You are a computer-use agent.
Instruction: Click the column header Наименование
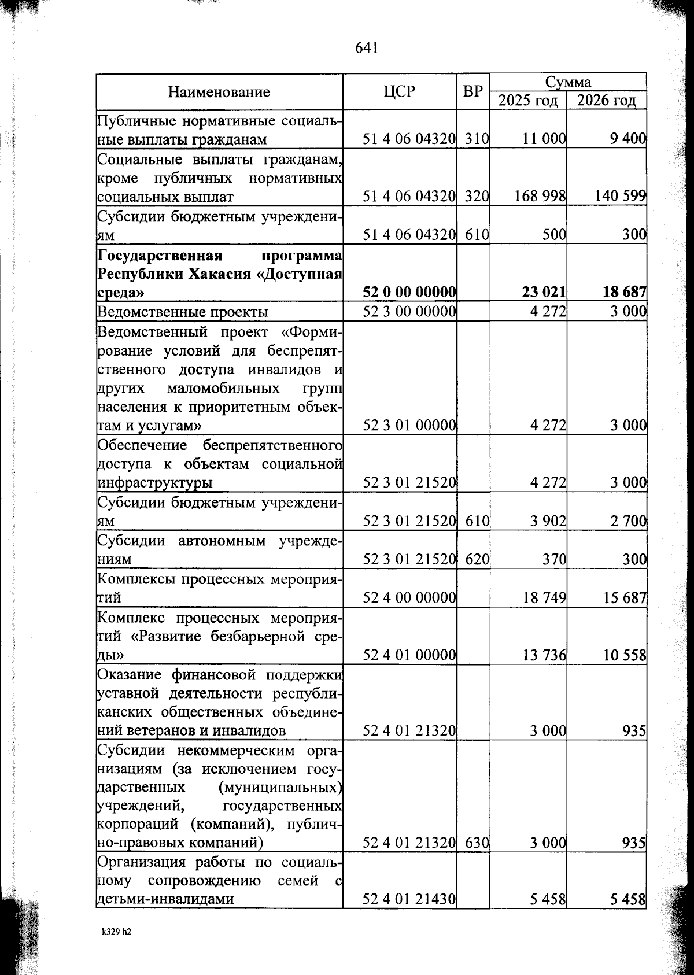coord(219,92)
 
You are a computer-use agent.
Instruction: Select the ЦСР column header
coord(400,91)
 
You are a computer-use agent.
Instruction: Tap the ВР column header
coord(473,91)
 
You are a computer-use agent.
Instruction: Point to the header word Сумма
coord(568,82)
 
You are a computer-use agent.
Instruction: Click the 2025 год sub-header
coord(528,101)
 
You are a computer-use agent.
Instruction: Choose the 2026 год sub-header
coord(607,101)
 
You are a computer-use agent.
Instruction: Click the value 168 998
coord(540,197)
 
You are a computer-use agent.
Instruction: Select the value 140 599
coord(620,197)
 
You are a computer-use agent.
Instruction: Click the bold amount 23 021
coord(544,293)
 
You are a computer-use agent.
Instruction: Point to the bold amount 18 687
coord(624,293)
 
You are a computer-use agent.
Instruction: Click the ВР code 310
coord(477,139)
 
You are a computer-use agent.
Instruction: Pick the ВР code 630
coord(477,843)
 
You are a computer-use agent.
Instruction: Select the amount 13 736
coord(544,655)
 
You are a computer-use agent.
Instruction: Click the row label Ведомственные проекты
coord(183,312)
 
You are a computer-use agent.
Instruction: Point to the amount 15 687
coord(624,598)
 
